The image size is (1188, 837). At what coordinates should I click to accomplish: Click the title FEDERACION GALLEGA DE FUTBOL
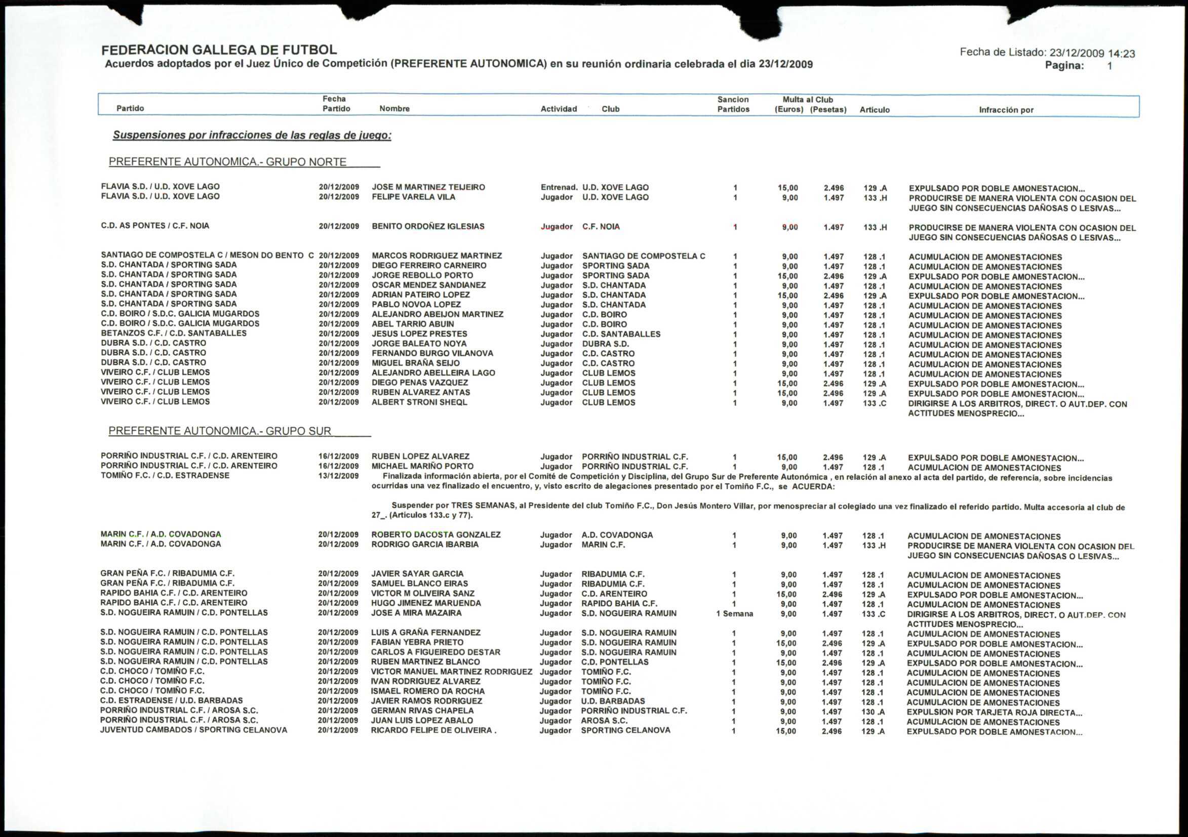(x=219, y=50)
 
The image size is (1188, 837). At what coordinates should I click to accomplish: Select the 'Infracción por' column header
(x=1006, y=110)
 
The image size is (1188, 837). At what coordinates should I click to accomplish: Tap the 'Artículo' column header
(x=875, y=110)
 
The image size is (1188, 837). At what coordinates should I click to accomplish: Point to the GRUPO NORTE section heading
(x=228, y=162)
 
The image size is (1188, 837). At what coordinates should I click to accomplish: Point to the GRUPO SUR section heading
(x=220, y=431)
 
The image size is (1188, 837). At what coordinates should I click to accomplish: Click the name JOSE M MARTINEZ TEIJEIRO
(x=428, y=187)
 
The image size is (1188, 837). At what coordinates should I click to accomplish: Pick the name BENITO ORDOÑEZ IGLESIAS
(x=428, y=226)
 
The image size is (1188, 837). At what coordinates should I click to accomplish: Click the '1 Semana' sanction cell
(x=734, y=614)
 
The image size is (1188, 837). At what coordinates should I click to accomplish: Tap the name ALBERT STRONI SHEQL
(x=419, y=402)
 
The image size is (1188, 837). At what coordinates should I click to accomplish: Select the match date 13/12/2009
(x=338, y=476)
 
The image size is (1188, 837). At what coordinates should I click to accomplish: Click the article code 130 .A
(x=874, y=712)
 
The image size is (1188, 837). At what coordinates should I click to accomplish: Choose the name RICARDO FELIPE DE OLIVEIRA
(x=432, y=731)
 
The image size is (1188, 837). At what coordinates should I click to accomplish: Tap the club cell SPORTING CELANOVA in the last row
(x=625, y=731)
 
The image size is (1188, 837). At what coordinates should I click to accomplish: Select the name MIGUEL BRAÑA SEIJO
(x=415, y=363)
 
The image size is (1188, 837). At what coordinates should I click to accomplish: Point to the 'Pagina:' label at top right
(x=1064, y=66)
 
